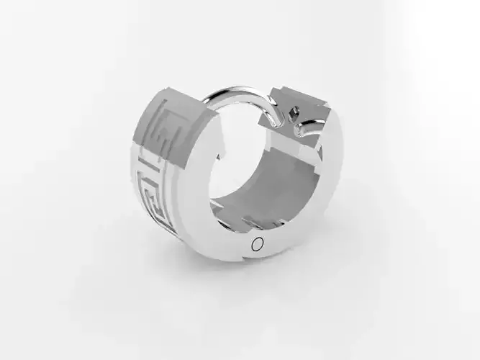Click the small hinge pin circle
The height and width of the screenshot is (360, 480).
pos(257,244)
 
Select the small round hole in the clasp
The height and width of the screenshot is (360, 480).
pos(293,112)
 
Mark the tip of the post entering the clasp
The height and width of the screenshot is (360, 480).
pos(276,122)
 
